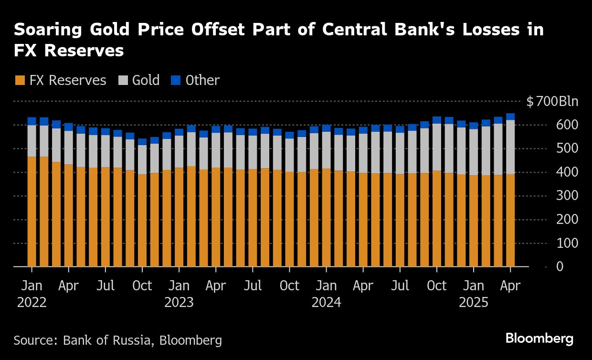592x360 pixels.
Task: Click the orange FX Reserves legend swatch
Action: tap(20, 80)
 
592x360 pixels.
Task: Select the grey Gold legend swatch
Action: tap(123, 80)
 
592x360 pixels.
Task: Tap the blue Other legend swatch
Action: tap(176, 80)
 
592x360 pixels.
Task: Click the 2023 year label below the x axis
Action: tap(179, 303)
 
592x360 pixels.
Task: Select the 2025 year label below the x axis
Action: tap(474, 303)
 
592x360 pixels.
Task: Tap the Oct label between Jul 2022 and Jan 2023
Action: tap(142, 286)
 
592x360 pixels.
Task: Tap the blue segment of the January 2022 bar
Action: tap(32, 121)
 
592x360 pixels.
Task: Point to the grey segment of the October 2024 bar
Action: tap(437, 148)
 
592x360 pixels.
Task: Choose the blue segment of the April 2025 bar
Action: tap(510, 116)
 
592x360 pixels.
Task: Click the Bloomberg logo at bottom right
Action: tap(539, 339)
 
